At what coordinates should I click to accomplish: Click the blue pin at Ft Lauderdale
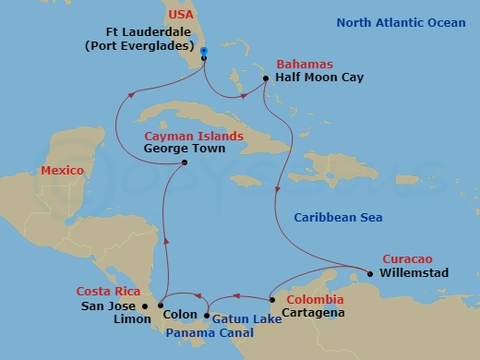pyautogui.click(x=203, y=52)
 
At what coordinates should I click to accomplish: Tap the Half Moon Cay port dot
pyautogui.click(x=266, y=79)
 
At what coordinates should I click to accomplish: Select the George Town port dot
pyautogui.click(x=185, y=163)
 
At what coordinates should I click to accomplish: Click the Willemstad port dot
pyautogui.click(x=369, y=273)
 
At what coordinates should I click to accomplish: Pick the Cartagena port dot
pyautogui.click(x=271, y=299)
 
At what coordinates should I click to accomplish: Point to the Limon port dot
pyautogui.click(x=161, y=306)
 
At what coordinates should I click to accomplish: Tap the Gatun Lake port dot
pyautogui.click(x=206, y=316)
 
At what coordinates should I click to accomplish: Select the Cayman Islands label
pyautogui.click(x=194, y=137)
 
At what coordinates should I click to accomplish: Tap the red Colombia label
pyautogui.click(x=315, y=300)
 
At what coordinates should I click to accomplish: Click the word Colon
pyautogui.click(x=180, y=314)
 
